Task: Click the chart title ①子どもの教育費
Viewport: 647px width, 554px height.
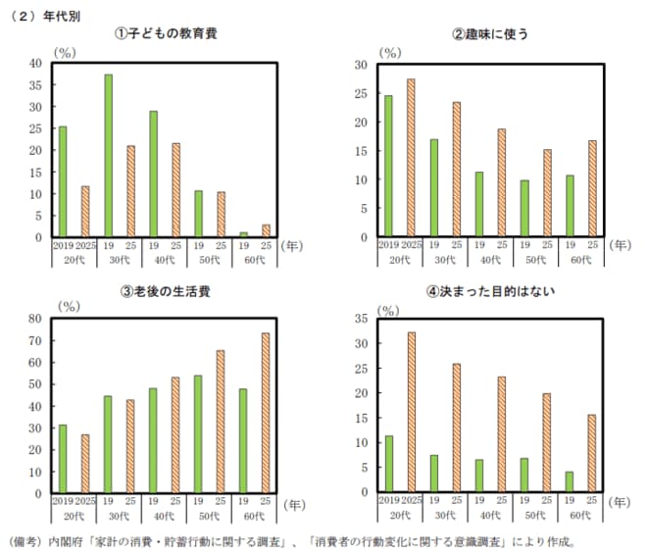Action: point(166,33)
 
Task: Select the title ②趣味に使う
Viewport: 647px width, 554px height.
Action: point(489,33)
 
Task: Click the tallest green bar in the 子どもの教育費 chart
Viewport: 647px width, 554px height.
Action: point(109,156)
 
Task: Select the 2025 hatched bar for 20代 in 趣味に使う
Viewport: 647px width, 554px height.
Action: point(411,158)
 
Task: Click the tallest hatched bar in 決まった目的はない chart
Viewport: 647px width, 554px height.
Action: point(411,412)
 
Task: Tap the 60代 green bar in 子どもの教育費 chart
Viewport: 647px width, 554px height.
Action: point(243,234)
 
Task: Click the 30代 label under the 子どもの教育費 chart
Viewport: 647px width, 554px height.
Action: point(120,261)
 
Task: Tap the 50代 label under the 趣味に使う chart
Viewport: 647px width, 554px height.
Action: point(535,261)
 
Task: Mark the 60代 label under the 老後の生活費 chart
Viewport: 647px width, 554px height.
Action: point(255,517)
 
